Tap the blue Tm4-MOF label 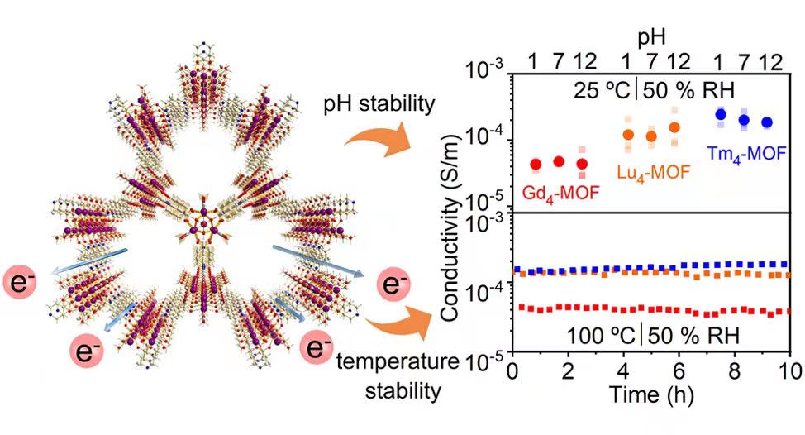pos(746,152)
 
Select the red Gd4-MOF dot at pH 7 pos(559,162)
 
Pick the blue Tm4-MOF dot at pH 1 pos(721,115)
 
